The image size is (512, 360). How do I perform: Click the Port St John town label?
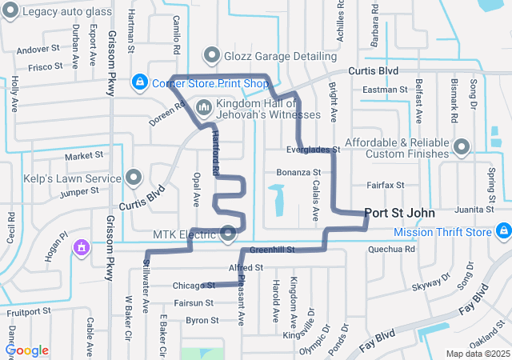coord(399,214)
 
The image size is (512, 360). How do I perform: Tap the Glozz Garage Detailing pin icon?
coord(212,55)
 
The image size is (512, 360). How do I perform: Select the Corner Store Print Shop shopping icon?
coord(140,82)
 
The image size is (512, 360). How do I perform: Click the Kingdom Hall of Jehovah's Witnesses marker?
coord(204,106)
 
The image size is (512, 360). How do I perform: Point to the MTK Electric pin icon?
coord(229,234)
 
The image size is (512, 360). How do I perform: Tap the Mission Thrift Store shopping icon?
coord(502,232)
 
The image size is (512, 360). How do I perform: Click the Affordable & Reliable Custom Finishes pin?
coord(462,146)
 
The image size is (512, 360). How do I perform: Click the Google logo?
coord(26,350)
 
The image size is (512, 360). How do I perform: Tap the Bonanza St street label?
coord(298,172)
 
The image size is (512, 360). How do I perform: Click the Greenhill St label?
coord(272,250)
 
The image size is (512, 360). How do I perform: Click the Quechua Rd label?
coord(392,250)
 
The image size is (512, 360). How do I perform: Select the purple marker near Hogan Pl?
coord(80,248)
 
